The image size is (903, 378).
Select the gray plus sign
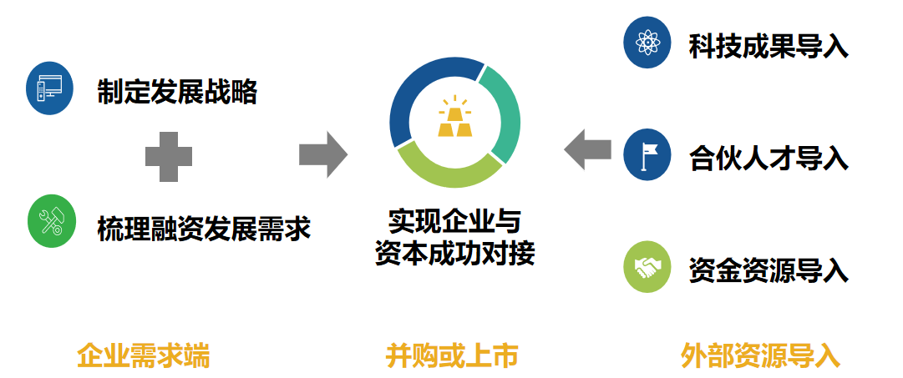pos(169,156)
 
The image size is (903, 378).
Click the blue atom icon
pos(647,42)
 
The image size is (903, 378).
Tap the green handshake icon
pos(647,268)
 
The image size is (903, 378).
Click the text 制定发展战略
pos(176,91)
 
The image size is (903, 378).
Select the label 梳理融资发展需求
pos(203,226)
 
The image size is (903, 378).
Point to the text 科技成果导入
pos(769,46)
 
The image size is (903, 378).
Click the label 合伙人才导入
pos(769,158)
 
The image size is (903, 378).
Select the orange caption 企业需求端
pos(143,356)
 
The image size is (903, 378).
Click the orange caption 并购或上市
pos(452,356)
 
